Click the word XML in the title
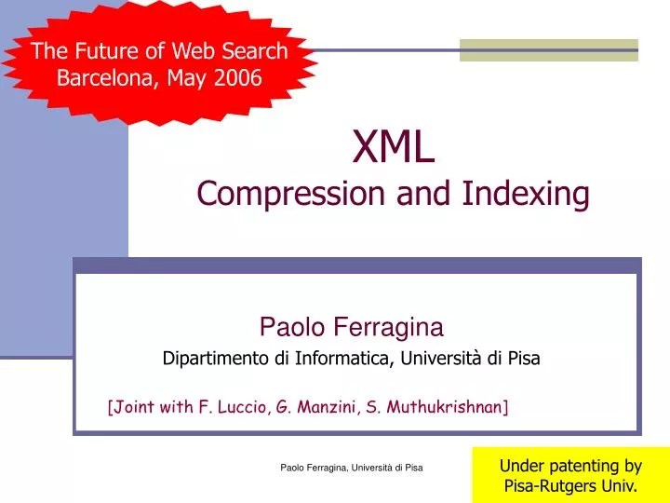click(394, 147)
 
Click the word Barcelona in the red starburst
click(105, 77)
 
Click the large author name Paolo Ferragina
click(351, 327)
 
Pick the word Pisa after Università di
click(523, 358)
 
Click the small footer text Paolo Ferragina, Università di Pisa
click(352, 466)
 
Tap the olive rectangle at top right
click(549, 49)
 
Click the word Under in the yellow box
click(520, 465)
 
